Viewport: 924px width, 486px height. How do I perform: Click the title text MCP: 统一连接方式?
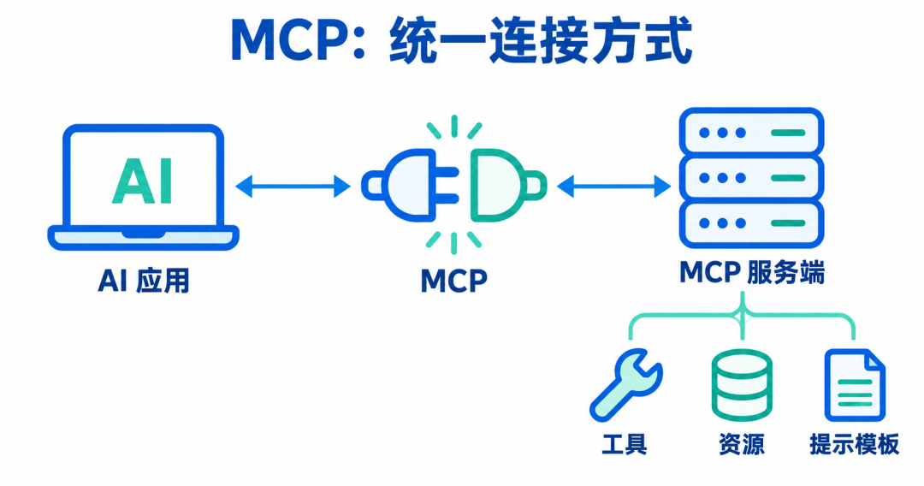click(461, 40)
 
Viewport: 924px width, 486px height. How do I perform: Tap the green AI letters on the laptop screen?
click(143, 181)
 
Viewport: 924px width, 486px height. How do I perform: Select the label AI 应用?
click(144, 281)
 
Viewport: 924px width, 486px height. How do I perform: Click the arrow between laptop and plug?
click(293, 187)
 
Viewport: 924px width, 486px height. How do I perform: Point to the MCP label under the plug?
click(453, 281)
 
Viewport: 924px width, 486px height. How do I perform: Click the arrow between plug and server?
click(614, 187)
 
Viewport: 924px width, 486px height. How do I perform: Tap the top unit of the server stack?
click(751, 132)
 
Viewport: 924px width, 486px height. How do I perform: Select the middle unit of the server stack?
click(751, 178)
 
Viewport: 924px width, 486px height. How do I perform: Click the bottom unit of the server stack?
click(751, 224)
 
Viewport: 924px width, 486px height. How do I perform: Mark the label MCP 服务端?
click(752, 272)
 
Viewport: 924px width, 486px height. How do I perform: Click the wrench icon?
click(625, 384)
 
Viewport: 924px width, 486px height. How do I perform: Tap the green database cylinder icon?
click(742, 385)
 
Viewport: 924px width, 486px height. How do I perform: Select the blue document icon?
click(855, 385)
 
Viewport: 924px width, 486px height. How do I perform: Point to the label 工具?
click(624, 444)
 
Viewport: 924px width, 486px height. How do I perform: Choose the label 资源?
click(741, 444)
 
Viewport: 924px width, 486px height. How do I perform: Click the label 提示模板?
click(855, 444)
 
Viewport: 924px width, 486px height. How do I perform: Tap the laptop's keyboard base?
click(143, 237)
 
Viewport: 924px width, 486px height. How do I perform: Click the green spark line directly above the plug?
click(453, 126)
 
